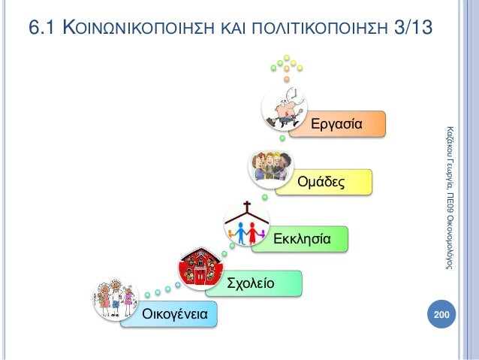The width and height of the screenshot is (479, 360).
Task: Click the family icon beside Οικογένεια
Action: tap(114, 301)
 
